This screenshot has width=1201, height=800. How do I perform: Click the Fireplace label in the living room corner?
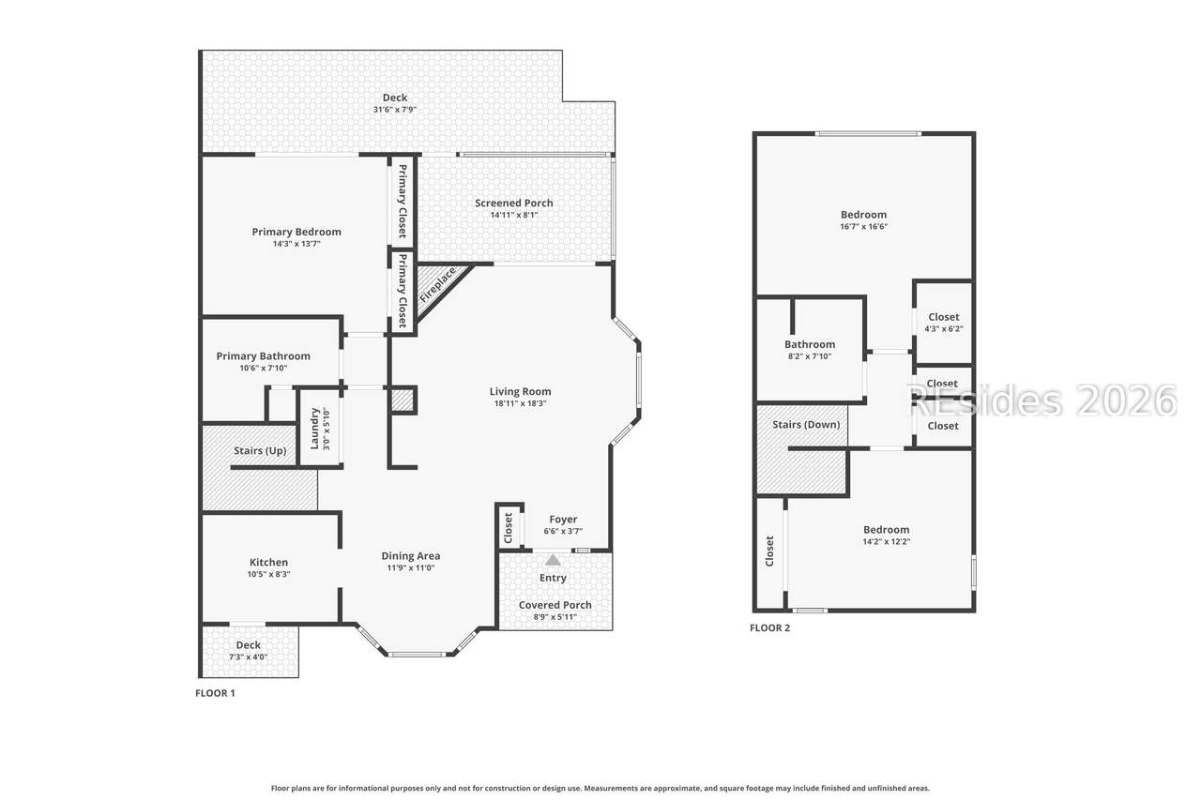(x=437, y=284)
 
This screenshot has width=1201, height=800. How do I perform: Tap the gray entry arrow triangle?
(x=553, y=561)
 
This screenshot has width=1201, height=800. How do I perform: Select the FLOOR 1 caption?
(x=215, y=693)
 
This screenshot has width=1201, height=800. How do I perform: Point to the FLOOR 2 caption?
(x=770, y=628)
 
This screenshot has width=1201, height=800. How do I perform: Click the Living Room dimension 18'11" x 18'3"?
(x=520, y=403)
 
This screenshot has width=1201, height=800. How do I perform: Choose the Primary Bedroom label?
(x=296, y=232)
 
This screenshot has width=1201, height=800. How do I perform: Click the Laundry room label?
(x=314, y=429)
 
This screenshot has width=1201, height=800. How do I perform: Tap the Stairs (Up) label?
(x=260, y=450)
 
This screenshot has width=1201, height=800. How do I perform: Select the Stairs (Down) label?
(x=806, y=424)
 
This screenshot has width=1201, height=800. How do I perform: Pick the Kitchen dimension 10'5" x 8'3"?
(x=268, y=574)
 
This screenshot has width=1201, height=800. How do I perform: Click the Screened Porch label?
(x=513, y=204)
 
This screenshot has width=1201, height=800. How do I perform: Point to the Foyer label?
(x=563, y=520)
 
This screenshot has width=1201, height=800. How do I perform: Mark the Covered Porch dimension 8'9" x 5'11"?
(x=555, y=617)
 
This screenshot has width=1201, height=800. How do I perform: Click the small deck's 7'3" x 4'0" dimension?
(x=249, y=657)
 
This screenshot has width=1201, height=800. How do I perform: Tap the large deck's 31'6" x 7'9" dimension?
(x=395, y=110)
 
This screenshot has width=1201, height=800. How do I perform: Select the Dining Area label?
(x=411, y=555)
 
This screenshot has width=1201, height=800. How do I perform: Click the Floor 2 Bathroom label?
(x=810, y=344)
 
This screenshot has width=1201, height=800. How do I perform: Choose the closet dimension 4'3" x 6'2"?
(x=944, y=329)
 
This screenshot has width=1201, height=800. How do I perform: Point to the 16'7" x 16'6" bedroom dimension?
(x=864, y=227)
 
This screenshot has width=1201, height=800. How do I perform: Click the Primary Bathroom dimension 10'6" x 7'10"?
(x=264, y=369)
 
